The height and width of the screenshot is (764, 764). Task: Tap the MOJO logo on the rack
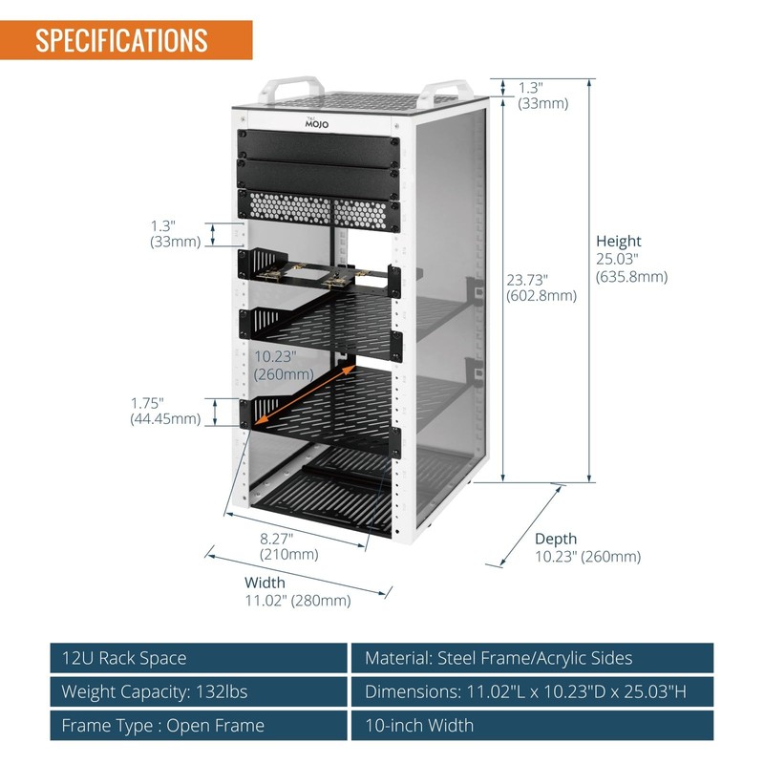[316, 121]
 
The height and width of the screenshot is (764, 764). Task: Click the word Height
[619, 242]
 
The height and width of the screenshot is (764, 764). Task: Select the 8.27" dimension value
[282, 538]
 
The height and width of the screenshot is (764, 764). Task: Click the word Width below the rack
[265, 583]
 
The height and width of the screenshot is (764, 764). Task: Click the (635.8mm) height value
[631, 277]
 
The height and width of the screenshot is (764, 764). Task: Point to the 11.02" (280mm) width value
[298, 601]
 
